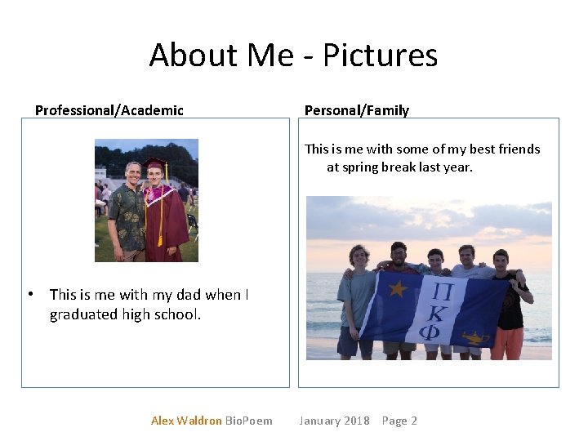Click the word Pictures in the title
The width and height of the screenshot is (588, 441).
coord(380,56)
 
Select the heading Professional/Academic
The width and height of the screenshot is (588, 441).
coord(109,110)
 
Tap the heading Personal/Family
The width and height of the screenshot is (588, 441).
coord(356,110)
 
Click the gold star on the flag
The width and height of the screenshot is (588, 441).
coord(399,289)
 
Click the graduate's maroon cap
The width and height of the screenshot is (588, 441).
coord(153,162)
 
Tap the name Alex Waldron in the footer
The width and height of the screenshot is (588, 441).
coord(186,421)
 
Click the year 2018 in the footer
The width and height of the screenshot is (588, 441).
coord(356,421)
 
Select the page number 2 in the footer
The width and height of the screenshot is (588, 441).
coord(414,421)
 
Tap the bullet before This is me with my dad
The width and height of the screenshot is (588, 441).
coord(30,294)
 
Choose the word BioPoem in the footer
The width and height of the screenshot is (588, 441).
coord(249,421)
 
